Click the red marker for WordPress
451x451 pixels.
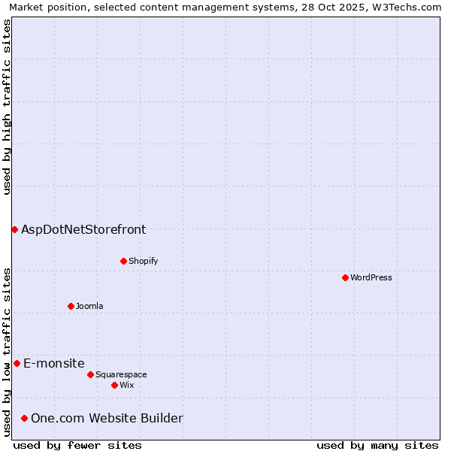(x=345, y=277)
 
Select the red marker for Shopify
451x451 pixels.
(x=123, y=261)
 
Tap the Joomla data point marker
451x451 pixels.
(x=71, y=306)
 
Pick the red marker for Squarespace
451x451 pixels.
(x=90, y=374)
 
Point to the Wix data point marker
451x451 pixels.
(x=114, y=385)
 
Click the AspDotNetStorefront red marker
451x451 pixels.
(x=14, y=229)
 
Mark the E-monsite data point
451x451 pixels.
(x=17, y=363)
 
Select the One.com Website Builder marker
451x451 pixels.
(x=24, y=418)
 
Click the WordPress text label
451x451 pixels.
(x=371, y=277)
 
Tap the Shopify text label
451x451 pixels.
(x=143, y=261)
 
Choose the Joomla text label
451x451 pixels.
(x=89, y=306)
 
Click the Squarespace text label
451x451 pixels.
(x=121, y=374)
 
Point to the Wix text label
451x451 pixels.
(x=126, y=385)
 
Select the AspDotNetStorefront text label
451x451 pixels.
(x=83, y=229)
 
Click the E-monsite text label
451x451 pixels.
(x=54, y=363)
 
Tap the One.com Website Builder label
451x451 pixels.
(x=107, y=418)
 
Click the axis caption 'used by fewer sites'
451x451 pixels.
(x=77, y=445)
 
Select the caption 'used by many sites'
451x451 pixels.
(x=377, y=445)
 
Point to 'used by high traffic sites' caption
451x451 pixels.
(x=7, y=107)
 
